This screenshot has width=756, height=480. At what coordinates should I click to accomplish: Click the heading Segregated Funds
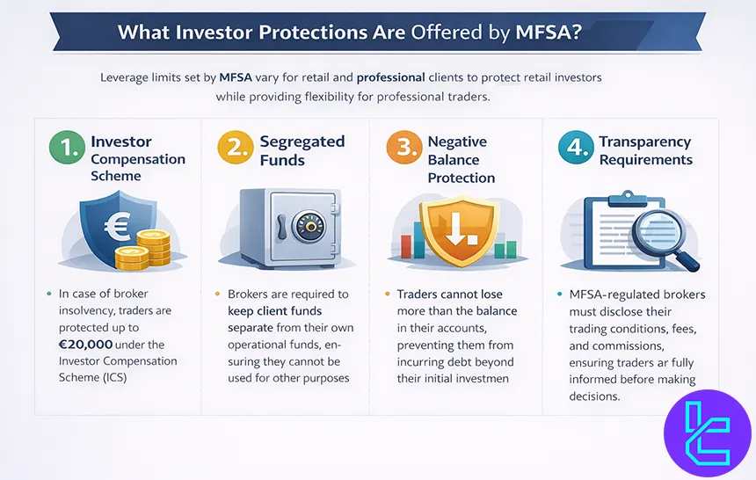tap(302, 150)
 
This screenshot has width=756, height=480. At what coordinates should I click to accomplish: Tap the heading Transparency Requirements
tap(645, 150)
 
